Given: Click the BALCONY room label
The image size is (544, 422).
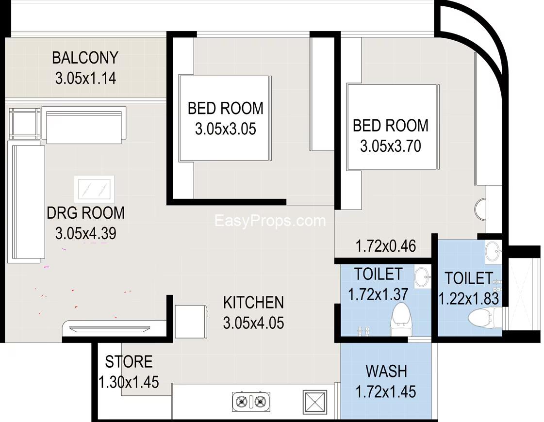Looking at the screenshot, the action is click(x=85, y=58).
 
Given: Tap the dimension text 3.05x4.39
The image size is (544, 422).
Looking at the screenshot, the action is click(x=86, y=233).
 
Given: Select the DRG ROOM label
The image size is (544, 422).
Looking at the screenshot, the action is click(x=86, y=213).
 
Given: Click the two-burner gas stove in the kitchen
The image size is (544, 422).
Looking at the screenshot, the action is click(x=251, y=402).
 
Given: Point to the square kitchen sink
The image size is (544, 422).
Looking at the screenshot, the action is click(x=315, y=402).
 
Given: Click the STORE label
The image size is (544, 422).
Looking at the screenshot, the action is click(x=129, y=362).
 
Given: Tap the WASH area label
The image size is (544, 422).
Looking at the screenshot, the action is click(x=386, y=372).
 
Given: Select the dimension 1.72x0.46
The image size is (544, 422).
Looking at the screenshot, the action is click(x=386, y=246).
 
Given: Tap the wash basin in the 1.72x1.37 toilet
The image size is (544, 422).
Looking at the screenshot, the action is click(x=422, y=276).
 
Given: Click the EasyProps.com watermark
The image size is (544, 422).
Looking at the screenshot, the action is click(x=270, y=221).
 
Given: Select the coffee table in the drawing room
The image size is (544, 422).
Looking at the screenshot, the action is click(x=94, y=189).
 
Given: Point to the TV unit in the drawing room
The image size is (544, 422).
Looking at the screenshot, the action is click(x=109, y=328).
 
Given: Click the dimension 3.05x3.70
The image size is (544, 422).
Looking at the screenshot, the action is click(x=390, y=146).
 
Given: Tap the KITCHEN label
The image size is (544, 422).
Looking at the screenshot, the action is click(x=253, y=303).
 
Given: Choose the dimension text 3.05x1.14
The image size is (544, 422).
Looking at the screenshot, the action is click(x=85, y=79).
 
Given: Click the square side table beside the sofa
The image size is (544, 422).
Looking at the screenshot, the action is click(x=25, y=124).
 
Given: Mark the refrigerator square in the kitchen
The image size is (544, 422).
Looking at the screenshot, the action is click(x=191, y=322).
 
